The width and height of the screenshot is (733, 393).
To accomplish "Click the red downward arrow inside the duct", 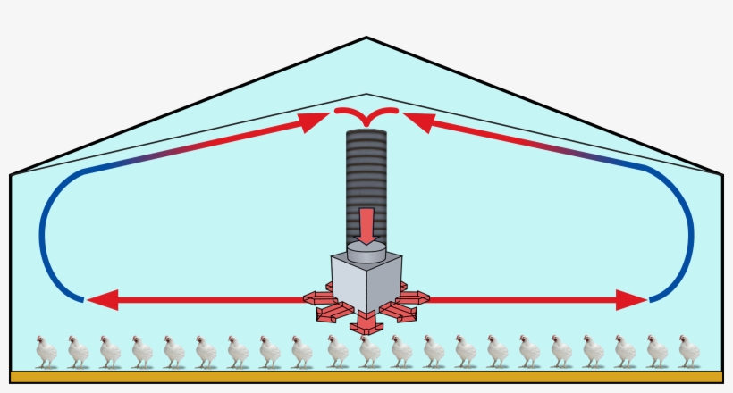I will (x=366, y=222).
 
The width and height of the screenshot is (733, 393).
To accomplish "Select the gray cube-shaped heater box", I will (x=366, y=282).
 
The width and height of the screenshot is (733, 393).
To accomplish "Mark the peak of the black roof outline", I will (x=366, y=38).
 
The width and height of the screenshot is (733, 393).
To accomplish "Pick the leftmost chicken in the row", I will (x=46, y=351).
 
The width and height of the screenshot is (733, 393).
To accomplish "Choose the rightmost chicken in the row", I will (x=687, y=351).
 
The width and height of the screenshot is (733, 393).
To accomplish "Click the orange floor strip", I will (x=366, y=377).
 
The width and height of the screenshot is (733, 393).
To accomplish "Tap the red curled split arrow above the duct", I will (x=366, y=113).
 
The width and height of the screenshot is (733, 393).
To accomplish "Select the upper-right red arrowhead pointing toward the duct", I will (x=418, y=121).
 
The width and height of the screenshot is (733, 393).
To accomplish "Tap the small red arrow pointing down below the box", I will (x=366, y=324).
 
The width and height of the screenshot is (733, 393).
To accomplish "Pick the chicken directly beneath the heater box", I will (x=368, y=351).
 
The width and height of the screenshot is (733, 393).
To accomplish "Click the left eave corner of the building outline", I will (x=10, y=173).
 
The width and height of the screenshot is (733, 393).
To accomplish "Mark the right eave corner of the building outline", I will (x=722, y=173).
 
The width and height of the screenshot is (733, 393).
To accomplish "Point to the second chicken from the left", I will (x=78, y=351).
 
